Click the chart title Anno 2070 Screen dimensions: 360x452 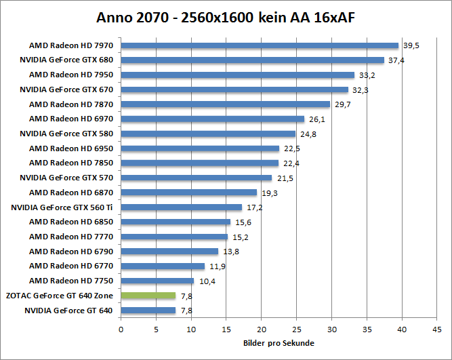226,17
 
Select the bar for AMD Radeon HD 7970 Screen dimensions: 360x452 260,46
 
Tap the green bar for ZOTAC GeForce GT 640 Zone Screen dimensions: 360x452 148,296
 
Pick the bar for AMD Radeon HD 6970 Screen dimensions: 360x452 213,119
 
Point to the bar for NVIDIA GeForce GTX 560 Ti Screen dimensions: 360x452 182,207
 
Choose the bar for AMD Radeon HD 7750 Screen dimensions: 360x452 157,281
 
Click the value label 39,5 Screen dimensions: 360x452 411,46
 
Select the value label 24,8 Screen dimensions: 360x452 308,134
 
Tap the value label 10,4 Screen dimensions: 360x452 207,281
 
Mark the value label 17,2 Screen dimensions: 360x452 255,207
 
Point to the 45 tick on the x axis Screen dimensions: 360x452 437,329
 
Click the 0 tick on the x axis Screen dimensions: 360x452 121,329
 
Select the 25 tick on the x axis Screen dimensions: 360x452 297,329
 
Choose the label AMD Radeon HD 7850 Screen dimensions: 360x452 71,163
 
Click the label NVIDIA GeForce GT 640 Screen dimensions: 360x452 69,311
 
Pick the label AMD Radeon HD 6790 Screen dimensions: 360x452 71,252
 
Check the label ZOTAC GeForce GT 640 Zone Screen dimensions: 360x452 62,296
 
